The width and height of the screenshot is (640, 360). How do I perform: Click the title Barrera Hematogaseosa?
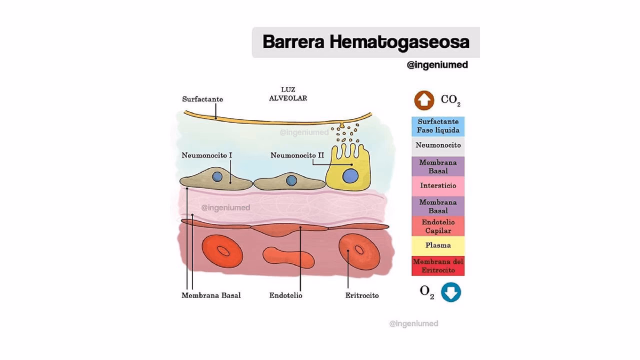[365, 42]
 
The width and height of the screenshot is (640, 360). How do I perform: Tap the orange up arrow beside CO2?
[424, 100]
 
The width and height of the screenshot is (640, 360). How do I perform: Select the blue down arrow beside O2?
[450, 292]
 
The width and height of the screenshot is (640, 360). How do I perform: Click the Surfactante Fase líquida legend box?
[438, 126]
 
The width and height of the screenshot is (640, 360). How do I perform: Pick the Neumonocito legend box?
[438, 145]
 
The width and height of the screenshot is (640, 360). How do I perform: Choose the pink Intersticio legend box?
[438, 185]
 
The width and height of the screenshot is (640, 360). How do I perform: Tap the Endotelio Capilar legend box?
[438, 226]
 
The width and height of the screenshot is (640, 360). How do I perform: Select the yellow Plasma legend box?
[438, 245]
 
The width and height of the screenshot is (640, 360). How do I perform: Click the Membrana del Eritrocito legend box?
[438, 266]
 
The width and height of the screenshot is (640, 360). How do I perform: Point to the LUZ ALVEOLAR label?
[287, 94]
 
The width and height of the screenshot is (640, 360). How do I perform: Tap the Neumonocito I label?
[206, 155]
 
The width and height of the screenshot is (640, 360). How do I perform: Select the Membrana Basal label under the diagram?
[211, 295]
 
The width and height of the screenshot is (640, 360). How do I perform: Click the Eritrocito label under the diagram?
[361, 295]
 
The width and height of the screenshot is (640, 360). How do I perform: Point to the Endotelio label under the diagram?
[285, 295]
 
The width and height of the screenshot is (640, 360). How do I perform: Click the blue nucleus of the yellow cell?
[349, 176]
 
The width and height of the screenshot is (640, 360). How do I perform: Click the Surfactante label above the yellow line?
[202, 99]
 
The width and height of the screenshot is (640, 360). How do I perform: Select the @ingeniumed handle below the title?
[437, 65]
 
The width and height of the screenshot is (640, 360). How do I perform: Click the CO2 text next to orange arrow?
[450, 100]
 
